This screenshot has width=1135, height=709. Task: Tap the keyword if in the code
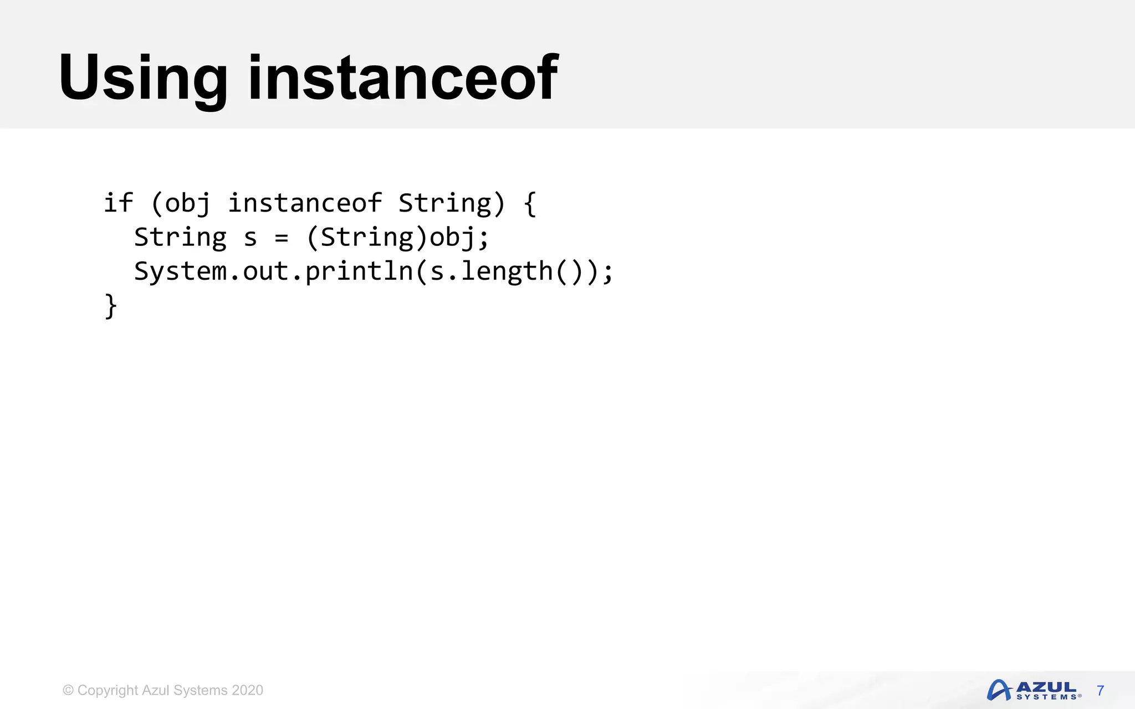[x=118, y=203]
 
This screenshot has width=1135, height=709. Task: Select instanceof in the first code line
[x=305, y=203]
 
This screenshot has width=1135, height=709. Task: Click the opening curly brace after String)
[x=530, y=204]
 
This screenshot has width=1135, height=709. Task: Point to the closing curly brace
[x=111, y=306]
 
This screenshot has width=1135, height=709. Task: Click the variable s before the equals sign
[x=250, y=238]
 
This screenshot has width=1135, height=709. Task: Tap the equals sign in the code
[x=282, y=238]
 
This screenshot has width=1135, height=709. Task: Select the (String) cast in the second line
[x=367, y=238]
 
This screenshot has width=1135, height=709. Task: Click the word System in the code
[x=180, y=271]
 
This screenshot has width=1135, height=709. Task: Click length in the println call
[x=507, y=271]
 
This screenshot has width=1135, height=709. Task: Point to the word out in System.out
[x=265, y=271]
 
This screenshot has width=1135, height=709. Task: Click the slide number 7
[x=1100, y=691]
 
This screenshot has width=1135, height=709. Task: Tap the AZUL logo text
[x=1046, y=687]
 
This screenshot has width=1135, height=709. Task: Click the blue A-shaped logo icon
[x=999, y=690]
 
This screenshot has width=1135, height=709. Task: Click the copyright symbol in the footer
[x=68, y=690]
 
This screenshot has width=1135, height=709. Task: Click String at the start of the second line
[x=180, y=238]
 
